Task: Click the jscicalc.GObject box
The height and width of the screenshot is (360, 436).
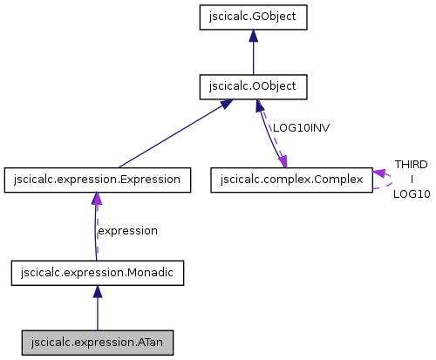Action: pos(253,16)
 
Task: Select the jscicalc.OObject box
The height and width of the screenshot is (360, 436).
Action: pos(253,86)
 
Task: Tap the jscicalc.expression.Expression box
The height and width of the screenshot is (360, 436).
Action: pos(97,180)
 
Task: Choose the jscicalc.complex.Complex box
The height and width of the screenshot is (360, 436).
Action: pos(291,180)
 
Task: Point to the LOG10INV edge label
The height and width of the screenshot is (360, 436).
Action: pos(301,127)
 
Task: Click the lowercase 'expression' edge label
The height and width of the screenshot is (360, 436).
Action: pos(127,231)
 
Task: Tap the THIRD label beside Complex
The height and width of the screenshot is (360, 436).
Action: pos(411,164)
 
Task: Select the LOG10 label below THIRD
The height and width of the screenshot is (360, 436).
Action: pos(411,194)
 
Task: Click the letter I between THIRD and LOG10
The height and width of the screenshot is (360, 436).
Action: pos(411,179)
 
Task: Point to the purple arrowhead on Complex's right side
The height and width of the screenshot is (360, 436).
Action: pos(380,174)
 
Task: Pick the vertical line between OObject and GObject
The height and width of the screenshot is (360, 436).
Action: pos(253,57)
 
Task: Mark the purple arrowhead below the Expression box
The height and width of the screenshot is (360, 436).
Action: pos(97,200)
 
